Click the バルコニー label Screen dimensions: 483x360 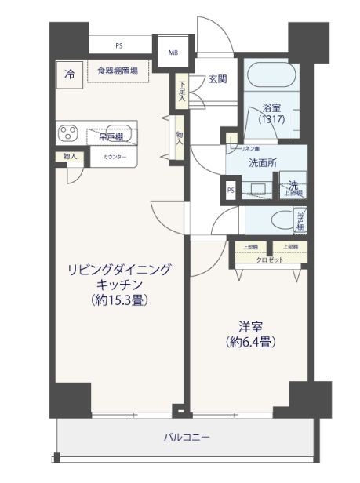pos(186,437)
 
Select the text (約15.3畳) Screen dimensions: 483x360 pos(120,300)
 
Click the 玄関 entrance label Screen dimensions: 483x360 pos(217,78)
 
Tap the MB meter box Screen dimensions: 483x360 pos(173,53)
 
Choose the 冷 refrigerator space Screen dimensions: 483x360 pos(69,74)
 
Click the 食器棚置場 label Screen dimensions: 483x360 pos(118,71)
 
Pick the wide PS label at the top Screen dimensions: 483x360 pos(118,45)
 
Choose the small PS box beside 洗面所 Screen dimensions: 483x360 pos(231,190)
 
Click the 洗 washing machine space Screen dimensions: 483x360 pos(291,187)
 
